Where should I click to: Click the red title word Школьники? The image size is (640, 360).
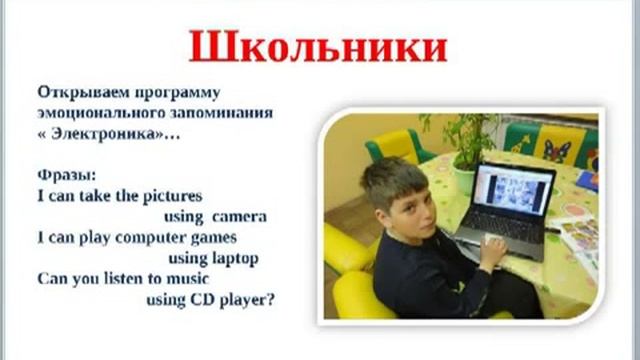(x=318, y=47)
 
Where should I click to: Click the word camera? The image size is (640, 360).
(x=245, y=216)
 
